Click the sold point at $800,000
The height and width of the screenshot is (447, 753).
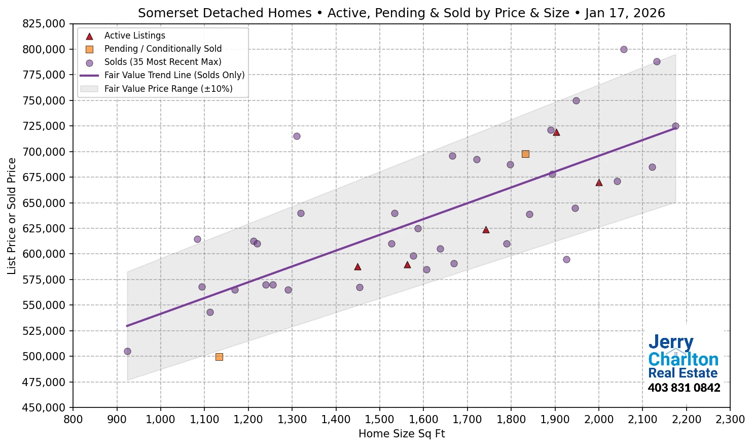[624, 50]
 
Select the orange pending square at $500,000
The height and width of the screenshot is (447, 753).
[219, 357]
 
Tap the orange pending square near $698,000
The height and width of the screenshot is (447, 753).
[525, 154]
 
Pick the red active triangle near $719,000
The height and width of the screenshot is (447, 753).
[556, 132]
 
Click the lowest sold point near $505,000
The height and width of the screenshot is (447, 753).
[127, 351]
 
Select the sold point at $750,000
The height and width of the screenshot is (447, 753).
[576, 100]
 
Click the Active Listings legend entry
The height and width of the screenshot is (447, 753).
[134, 36]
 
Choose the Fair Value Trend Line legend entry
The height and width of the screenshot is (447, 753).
[174, 75]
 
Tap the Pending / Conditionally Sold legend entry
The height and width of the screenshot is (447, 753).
[163, 49]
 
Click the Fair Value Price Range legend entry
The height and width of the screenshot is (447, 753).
[168, 89]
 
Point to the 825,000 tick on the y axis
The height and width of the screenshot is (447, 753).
[44, 24]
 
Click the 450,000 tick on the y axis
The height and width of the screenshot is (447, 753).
[44, 407]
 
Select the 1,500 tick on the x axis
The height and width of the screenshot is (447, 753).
[380, 420]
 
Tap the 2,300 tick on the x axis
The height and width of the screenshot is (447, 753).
[730, 420]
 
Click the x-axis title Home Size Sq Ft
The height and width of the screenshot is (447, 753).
[402, 434]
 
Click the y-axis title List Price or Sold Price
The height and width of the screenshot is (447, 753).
[12, 216]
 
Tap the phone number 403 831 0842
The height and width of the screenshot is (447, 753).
[684, 388]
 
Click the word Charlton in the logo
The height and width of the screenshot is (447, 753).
[683, 359]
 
